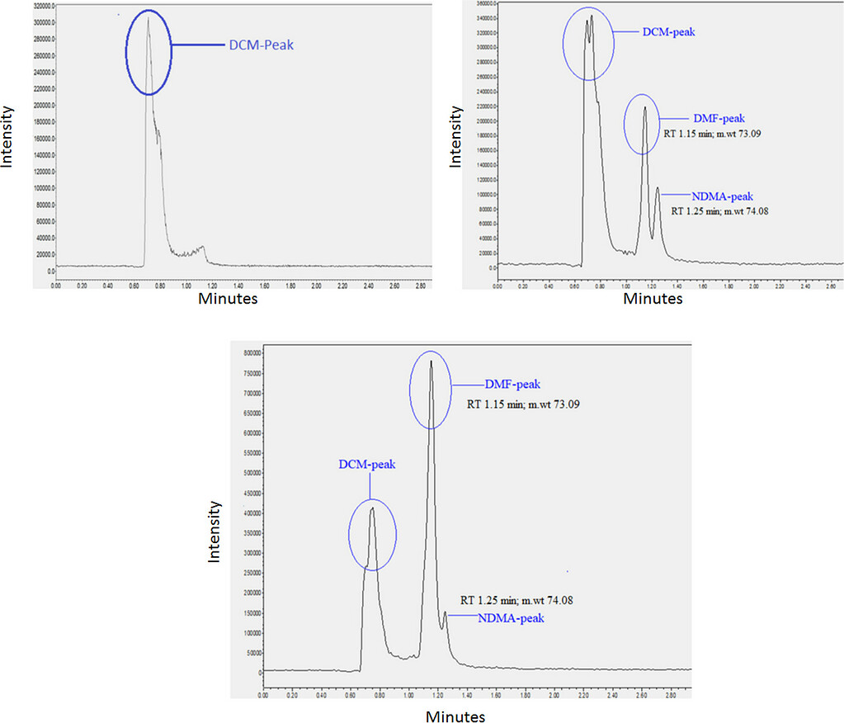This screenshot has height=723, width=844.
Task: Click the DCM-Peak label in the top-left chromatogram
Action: coord(261,45)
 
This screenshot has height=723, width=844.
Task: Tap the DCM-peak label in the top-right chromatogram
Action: coord(669,32)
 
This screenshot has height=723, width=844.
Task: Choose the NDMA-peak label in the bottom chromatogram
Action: coord(512,617)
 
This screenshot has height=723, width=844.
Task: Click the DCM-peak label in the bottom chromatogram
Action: coord(367,465)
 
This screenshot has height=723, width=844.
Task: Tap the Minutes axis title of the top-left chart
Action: coord(228,298)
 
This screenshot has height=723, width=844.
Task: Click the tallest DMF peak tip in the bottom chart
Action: coord(431,361)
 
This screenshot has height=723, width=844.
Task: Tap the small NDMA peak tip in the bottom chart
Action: coord(446,612)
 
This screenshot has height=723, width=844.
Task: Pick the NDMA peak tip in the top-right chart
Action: coord(658,188)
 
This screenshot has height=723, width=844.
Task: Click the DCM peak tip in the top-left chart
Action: coord(149,19)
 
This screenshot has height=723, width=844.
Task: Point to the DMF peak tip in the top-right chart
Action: coord(645,107)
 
